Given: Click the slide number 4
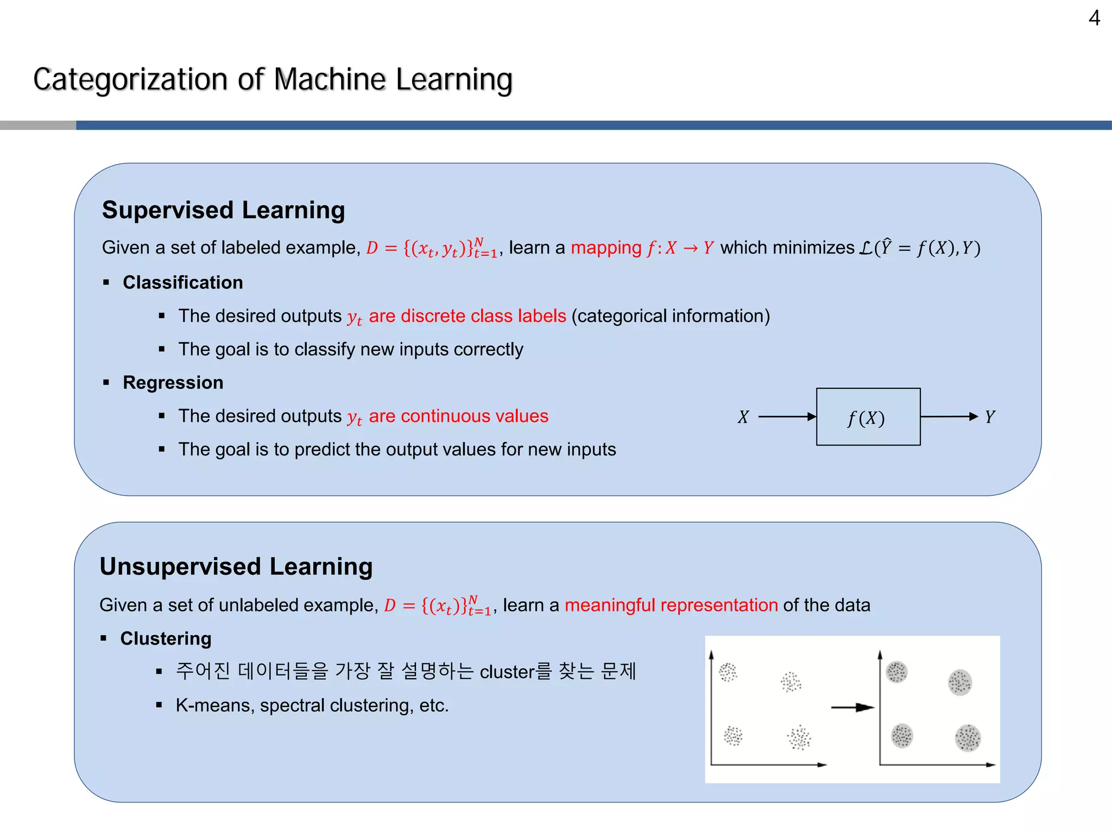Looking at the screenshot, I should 1094,18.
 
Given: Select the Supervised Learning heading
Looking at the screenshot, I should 223,210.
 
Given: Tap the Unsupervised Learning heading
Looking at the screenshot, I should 236,566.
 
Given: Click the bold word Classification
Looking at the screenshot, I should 182,282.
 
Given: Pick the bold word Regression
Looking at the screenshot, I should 173,382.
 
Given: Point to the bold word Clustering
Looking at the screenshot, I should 166,639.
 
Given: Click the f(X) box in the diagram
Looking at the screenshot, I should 868,417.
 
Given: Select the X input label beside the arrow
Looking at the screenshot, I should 743,417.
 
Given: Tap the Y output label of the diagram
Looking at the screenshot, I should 989,417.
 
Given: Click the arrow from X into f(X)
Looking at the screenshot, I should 787,416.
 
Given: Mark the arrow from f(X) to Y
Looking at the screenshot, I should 949,416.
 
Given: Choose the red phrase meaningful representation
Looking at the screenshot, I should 671,605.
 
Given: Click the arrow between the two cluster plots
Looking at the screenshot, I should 852,707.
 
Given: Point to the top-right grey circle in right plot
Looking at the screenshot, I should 959,682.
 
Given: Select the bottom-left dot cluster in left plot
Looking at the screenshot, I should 733,736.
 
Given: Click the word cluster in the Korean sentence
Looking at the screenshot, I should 507,672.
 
